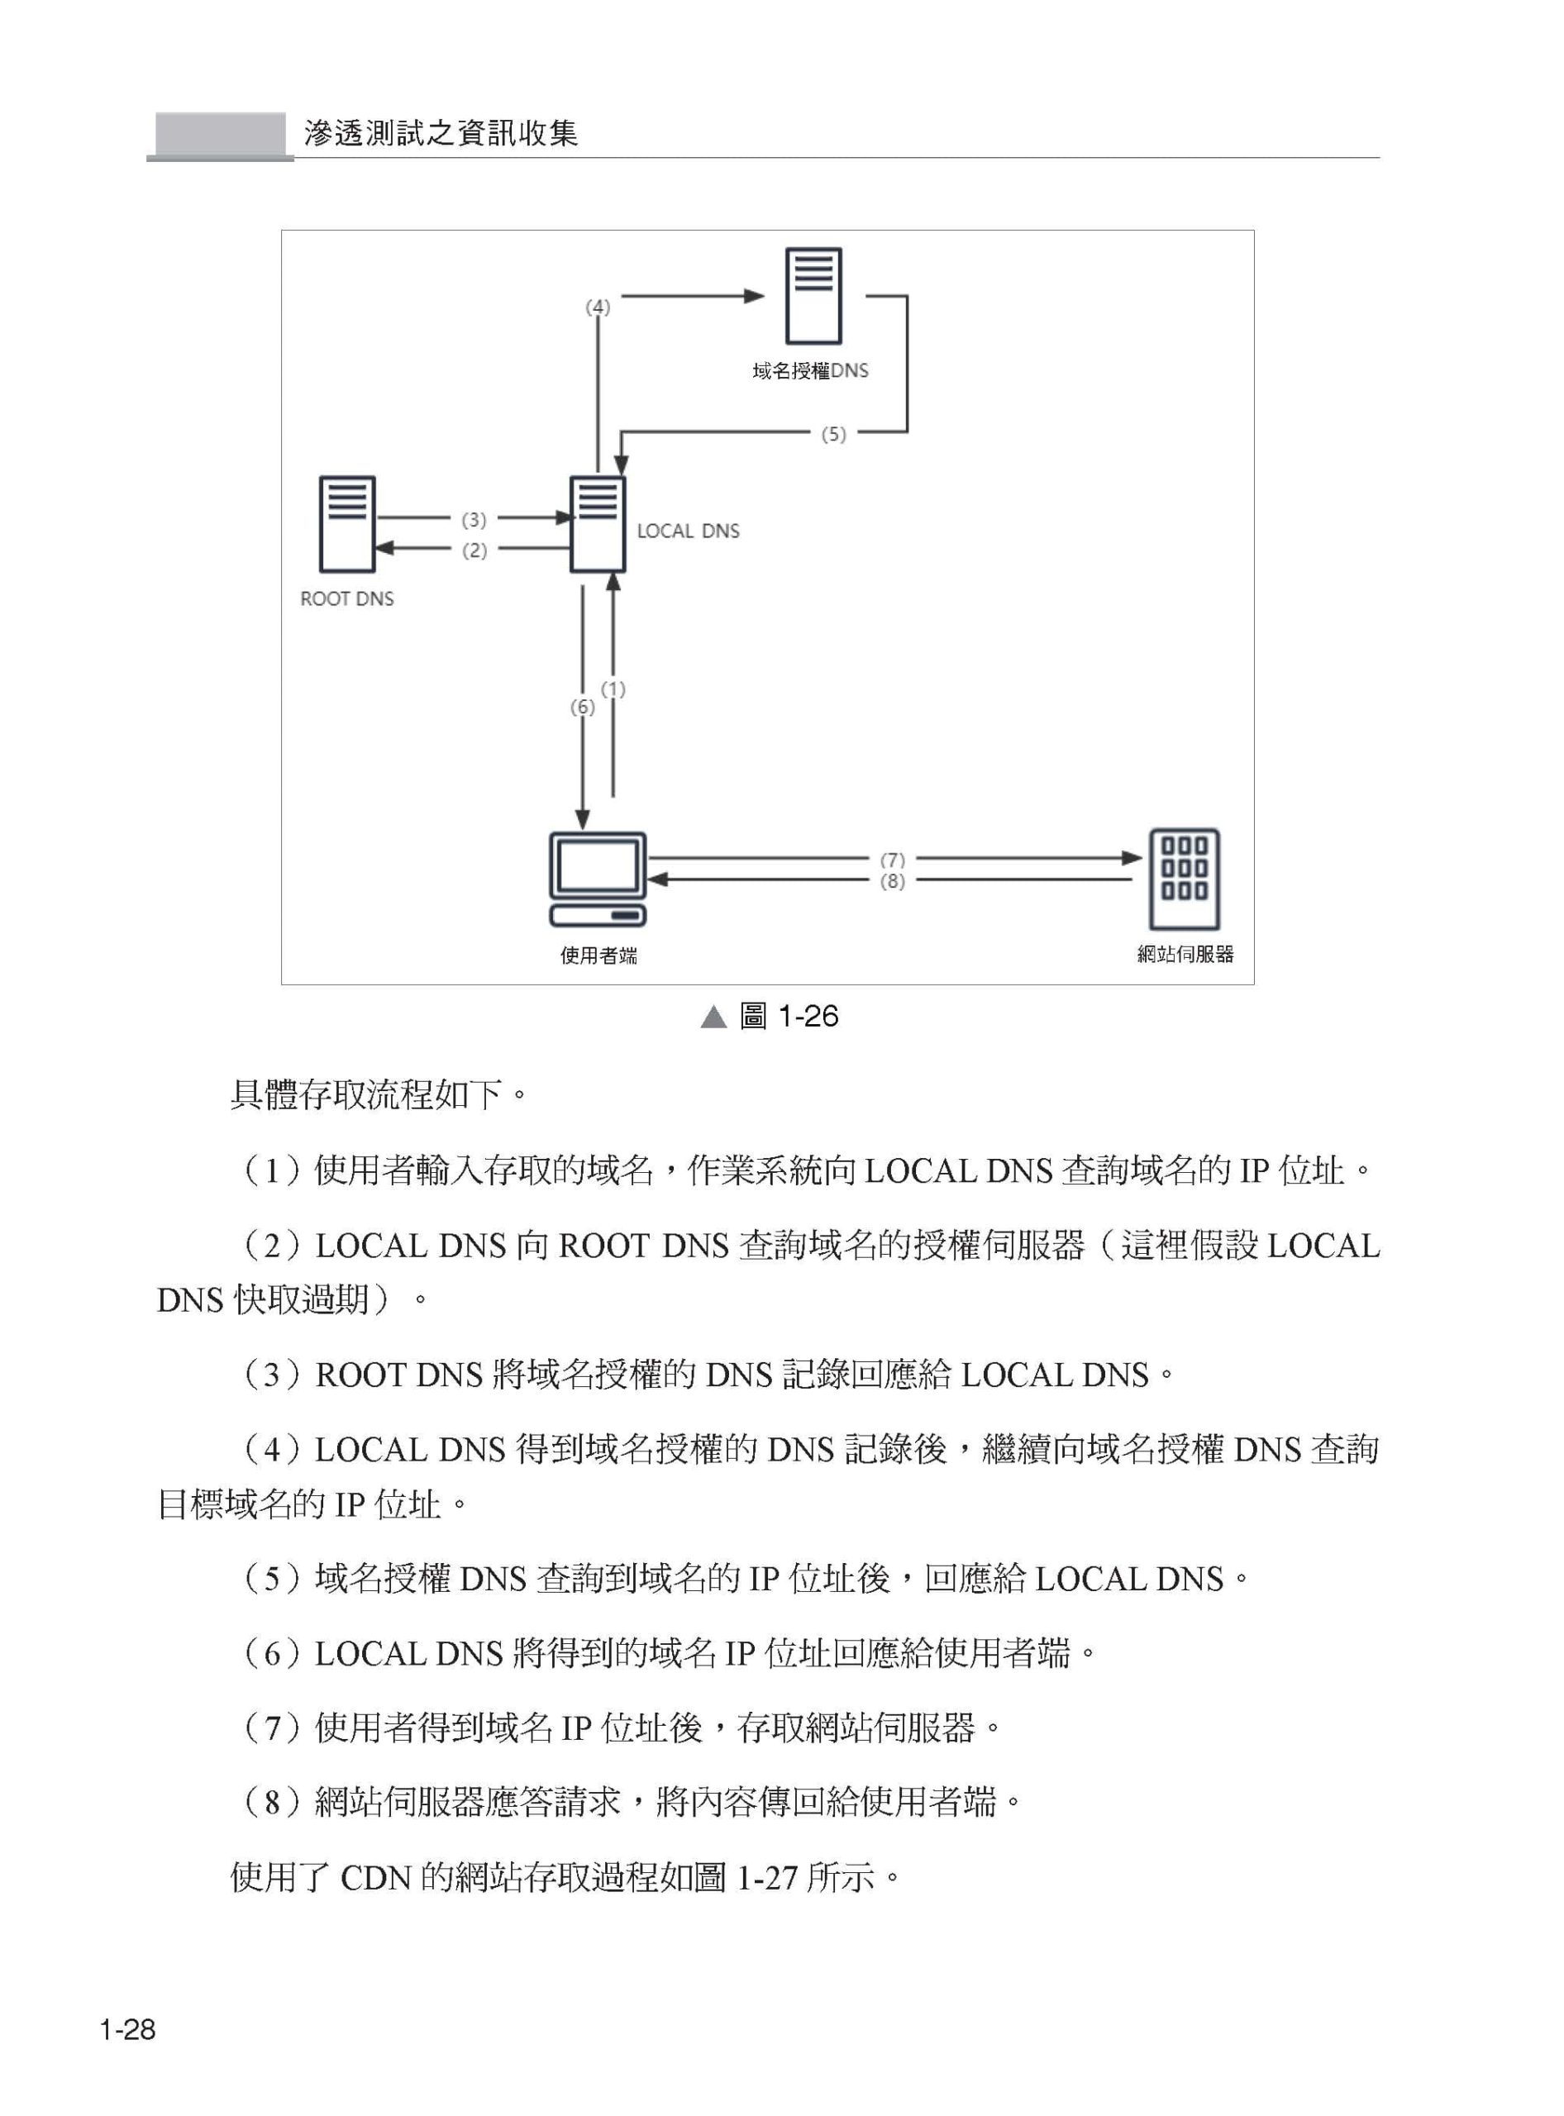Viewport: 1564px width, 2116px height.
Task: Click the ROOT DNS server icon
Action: (347, 525)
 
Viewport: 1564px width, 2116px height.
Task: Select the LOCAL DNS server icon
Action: (598, 525)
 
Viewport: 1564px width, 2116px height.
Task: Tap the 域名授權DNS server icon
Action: (813, 295)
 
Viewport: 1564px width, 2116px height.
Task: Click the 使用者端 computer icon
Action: (598, 879)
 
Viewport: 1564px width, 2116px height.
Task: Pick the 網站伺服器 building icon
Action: (1185, 879)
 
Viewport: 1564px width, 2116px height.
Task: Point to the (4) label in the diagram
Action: (598, 307)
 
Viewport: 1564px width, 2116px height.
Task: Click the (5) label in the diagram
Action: (833, 435)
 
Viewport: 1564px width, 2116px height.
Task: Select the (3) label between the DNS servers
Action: (474, 520)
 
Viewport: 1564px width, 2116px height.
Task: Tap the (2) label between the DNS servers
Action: (474, 550)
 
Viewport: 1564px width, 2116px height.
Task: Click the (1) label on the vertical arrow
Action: (613, 689)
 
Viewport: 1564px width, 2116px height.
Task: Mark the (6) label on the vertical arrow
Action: (582, 708)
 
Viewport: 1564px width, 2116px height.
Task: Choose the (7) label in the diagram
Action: (893, 860)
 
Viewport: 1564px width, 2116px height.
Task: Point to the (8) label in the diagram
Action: (893, 881)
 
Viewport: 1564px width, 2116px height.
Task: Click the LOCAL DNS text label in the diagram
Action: (689, 531)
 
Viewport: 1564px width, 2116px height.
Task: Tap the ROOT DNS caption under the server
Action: (346, 598)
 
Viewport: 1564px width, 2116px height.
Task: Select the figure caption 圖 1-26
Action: (789, 1016)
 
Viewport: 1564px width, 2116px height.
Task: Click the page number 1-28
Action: (128, 2030)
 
